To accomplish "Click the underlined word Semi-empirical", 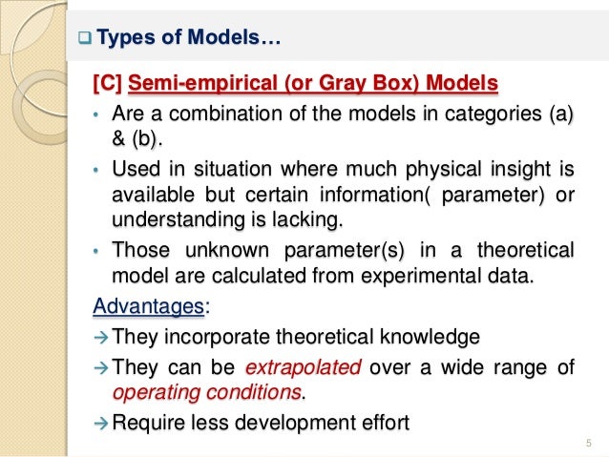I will coord(199,84).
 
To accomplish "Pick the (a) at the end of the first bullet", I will coord(559,115).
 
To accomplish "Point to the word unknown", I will coord(220,251).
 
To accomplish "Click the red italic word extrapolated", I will coord(303,366).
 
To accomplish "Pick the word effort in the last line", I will coord(385,422).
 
